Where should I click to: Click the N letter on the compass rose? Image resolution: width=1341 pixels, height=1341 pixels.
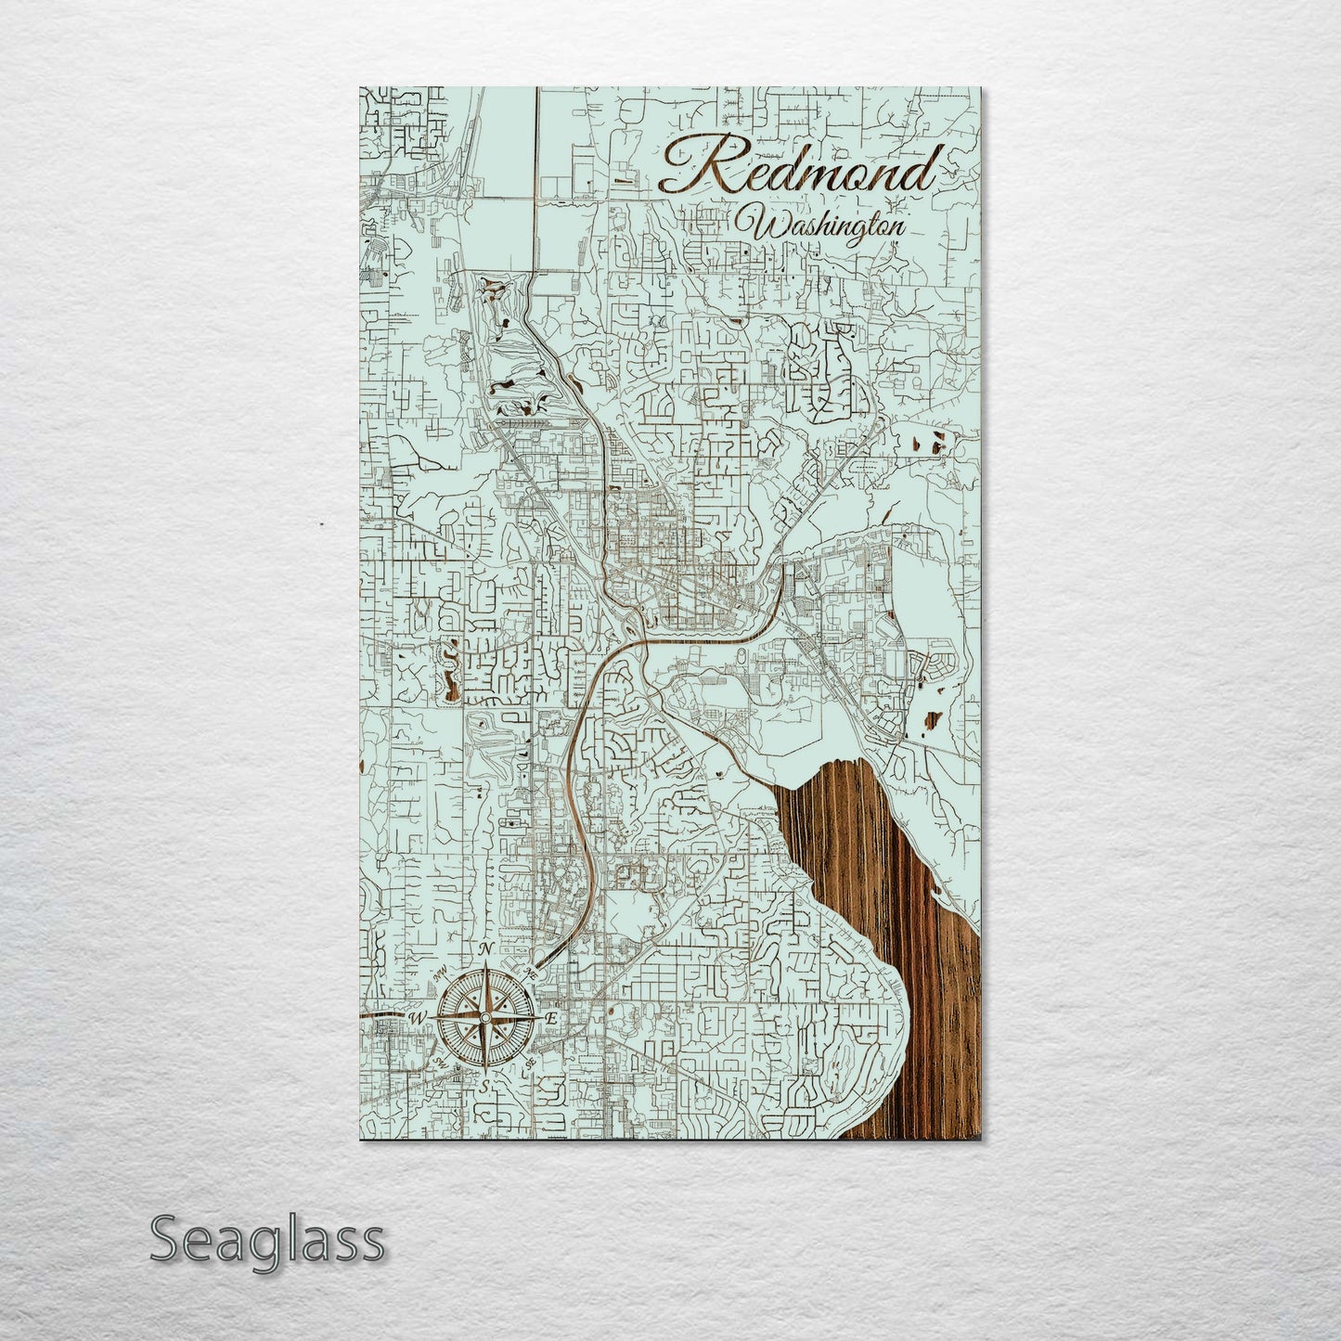(x=484, y=950)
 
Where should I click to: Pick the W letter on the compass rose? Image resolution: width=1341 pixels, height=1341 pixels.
(x=417, y=1018)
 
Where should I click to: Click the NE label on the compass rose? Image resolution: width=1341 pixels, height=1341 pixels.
(x=532, y=973)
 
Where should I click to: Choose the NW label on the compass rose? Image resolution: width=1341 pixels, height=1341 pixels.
(x=438, y=974)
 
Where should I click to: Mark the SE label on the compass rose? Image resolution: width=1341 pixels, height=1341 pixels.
(x=530, y=1064)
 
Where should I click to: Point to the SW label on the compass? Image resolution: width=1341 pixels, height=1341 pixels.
(x=437, y=1064)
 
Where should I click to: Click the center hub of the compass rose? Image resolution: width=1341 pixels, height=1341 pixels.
(x=484, y=1018)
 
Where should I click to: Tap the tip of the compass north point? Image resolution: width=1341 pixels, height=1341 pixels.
(x=484, y=965)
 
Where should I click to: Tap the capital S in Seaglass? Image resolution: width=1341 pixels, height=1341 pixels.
(x=167, y=1240)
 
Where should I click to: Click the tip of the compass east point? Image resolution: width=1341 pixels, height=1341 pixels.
(x=536, y=1018)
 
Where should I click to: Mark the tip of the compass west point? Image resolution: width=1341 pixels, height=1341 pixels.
(x=432, y=1018)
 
